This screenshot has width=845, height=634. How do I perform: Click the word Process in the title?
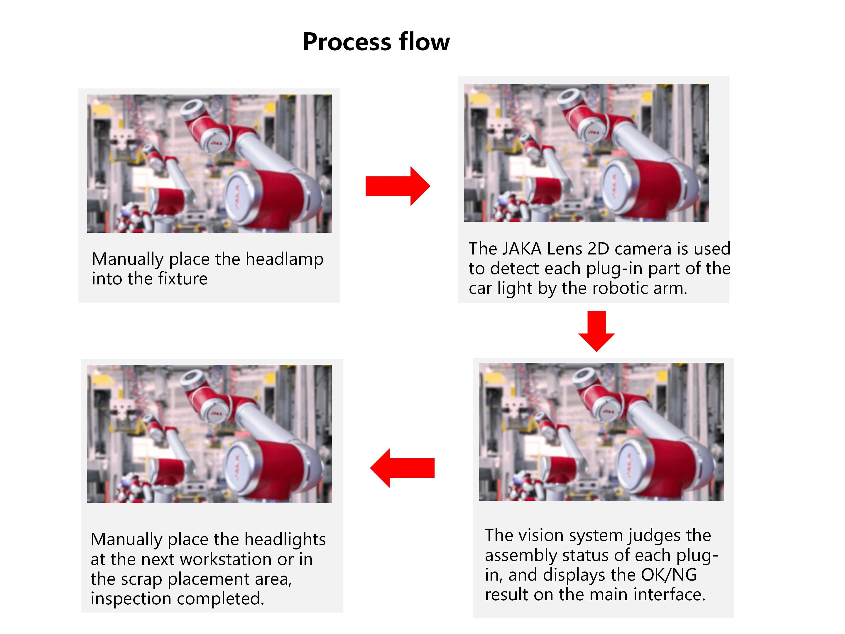pos(347,42)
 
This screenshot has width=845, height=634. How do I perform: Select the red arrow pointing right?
pos(398,186)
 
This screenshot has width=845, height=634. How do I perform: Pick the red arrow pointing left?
pos(402,468)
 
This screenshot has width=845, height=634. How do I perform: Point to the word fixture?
pos(183,279)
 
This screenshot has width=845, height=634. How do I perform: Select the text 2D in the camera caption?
pos(598,249)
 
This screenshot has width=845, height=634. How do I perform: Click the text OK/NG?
pos(669,575)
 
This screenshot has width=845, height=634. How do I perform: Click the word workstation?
pos(226,559)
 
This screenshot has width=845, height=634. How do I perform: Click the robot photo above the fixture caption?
pos(209,163)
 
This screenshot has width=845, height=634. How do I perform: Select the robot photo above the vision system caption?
pos(601,432)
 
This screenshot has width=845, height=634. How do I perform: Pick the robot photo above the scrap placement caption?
pos(209,434)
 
